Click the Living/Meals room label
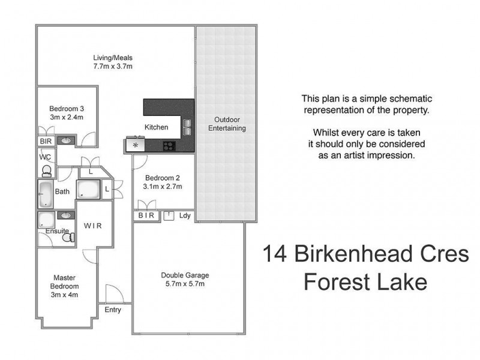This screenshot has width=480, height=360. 109,58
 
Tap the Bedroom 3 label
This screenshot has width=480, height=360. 66,109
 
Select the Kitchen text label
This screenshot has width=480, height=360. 157,127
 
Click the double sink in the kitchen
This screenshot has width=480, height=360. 187,127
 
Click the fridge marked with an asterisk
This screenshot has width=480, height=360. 136,145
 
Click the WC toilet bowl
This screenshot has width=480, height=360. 46,170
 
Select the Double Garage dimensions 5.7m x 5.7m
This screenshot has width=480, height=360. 185,284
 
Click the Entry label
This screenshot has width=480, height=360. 112,310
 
